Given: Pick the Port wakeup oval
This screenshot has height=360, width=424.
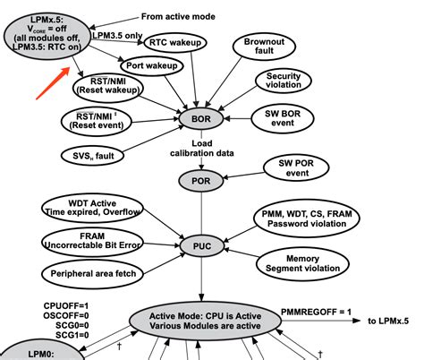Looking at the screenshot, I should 154,65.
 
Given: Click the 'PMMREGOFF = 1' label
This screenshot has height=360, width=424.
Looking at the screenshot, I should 315,310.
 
